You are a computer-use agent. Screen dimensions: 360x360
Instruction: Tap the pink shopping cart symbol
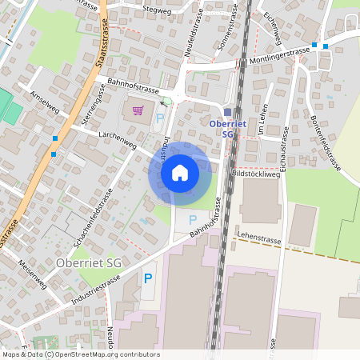point(138,110)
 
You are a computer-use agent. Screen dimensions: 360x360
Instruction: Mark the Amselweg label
point(44,103)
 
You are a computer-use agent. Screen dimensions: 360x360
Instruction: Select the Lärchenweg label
point(114,137)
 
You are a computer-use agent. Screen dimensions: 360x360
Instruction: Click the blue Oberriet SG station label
point(222,129)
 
